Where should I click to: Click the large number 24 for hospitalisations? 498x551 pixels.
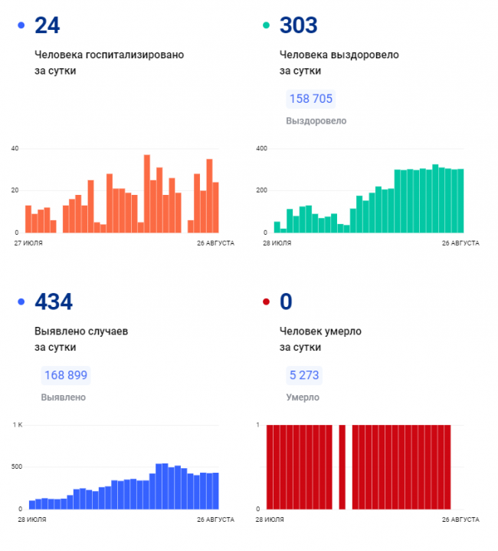coord(48,25)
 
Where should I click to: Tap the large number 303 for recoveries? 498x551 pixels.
coord(298,25)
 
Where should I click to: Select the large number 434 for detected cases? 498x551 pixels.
coord(54,302)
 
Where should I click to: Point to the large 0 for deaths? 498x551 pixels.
coord(286,302)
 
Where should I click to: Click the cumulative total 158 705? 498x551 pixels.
coord(311,99)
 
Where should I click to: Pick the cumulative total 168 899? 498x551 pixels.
coord(65,375)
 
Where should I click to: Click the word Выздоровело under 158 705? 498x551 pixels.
coord(316,120)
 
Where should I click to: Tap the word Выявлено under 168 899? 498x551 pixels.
coord(63,398)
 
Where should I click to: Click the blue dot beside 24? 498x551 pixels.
coord(20,25)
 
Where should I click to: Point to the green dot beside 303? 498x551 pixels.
coord(266,25)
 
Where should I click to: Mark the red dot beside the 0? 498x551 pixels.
coord(266,302)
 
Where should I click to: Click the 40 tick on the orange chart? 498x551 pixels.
coord(15,148)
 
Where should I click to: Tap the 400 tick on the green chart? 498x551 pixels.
coord(260,148)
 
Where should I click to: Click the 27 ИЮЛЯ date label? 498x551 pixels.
coord(28,243)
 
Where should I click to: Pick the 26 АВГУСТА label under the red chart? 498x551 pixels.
coord(460,520)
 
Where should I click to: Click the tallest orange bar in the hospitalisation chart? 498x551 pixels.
coord(147,193)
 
